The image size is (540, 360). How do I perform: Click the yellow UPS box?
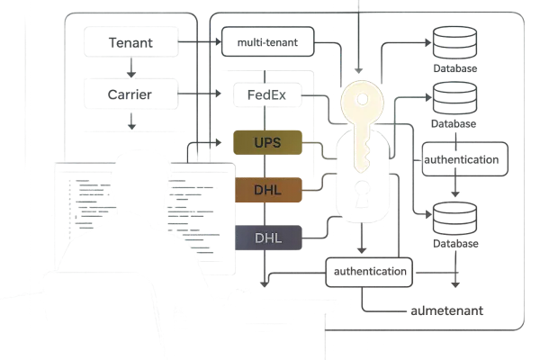point(266,142)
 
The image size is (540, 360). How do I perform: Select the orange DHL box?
point(266,190)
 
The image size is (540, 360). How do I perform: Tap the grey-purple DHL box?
point(266,238)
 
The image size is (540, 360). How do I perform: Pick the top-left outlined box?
point(131,40)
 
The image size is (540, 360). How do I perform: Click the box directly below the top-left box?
point(131,91)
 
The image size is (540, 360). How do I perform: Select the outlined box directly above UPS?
point(266,93)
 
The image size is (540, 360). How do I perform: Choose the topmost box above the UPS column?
point(266,41)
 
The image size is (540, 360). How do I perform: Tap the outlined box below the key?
point(367,271)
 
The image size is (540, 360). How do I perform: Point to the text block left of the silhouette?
point(90,202)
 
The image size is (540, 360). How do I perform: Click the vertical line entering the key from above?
point(357,36)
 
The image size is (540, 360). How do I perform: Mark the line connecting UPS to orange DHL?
point(266,166)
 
